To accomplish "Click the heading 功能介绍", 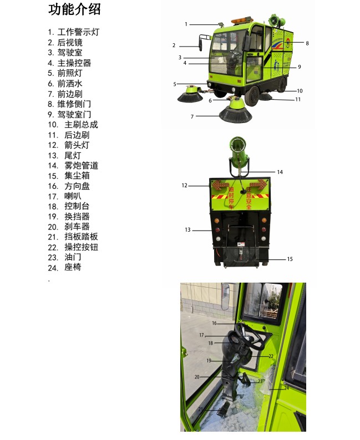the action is [74, 9].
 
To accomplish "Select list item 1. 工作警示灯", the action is [74, 32].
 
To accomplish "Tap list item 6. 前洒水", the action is [65, 83].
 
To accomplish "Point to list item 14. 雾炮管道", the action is [73, 166].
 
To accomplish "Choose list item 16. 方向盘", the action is [69, 186].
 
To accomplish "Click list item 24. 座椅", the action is [64, 268].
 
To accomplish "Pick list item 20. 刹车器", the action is [69, 227].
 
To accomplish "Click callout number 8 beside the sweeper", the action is [307, 43].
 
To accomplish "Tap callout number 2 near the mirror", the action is [174, 45].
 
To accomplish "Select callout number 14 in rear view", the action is [280, 172].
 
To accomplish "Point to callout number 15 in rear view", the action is [290, 259].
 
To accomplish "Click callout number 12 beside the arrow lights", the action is [184, 186].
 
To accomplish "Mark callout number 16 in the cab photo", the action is [214, 323].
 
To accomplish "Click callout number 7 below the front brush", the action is [192, 116].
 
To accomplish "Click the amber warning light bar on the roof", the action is [241, 21].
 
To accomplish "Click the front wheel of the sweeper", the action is [252, 96].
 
